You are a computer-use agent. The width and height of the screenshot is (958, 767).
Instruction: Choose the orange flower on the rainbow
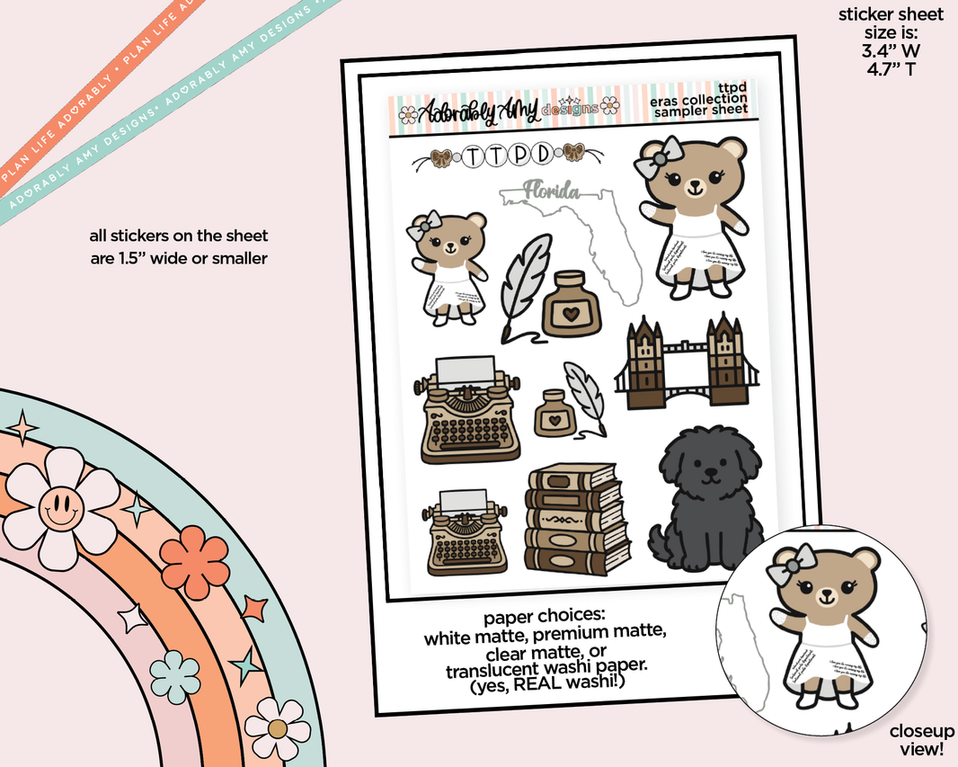[x=194, y=557]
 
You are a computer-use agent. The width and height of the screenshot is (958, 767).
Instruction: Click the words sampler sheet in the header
[x=701, y=111]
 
